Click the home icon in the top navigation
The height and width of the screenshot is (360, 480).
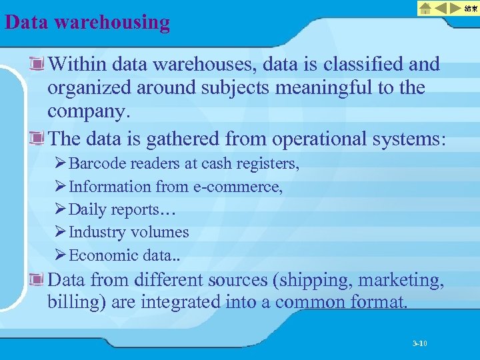click(x=425, y=8)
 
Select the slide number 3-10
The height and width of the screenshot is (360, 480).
click(x=419, y=343)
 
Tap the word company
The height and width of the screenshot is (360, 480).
click(x=85, y=113)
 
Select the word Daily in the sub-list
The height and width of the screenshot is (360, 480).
click(x=88, y=209)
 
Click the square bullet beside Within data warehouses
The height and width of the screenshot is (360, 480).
click(x=37, y=64)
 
